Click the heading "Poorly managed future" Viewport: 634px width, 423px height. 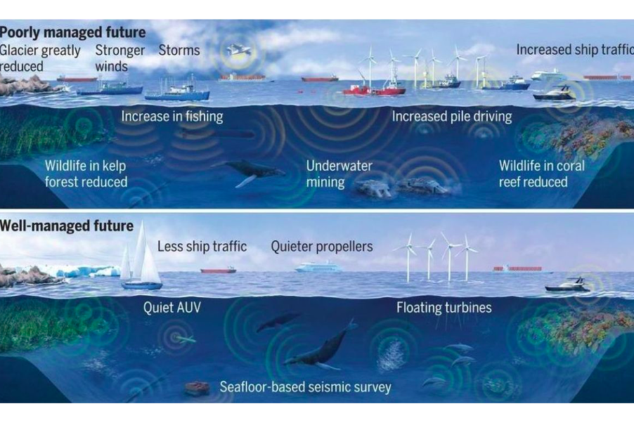point(73,32)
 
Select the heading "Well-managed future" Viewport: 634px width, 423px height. point(67,225)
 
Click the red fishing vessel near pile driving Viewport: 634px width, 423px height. point(374,89)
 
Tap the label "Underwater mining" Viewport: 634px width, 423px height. point(339,174)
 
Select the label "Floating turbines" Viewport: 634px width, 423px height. point(444,309)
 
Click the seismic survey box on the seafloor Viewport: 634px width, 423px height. point(197,388)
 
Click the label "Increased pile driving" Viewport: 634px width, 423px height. point(451,117)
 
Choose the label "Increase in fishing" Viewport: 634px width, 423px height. point(172,117)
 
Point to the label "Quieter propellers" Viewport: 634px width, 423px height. point(321,245)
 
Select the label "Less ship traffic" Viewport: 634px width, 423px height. point(202,245)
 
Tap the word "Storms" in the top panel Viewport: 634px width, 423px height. point(179,50)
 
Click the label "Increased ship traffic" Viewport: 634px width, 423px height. point(574,50)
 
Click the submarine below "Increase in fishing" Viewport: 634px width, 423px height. point(216,134)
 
